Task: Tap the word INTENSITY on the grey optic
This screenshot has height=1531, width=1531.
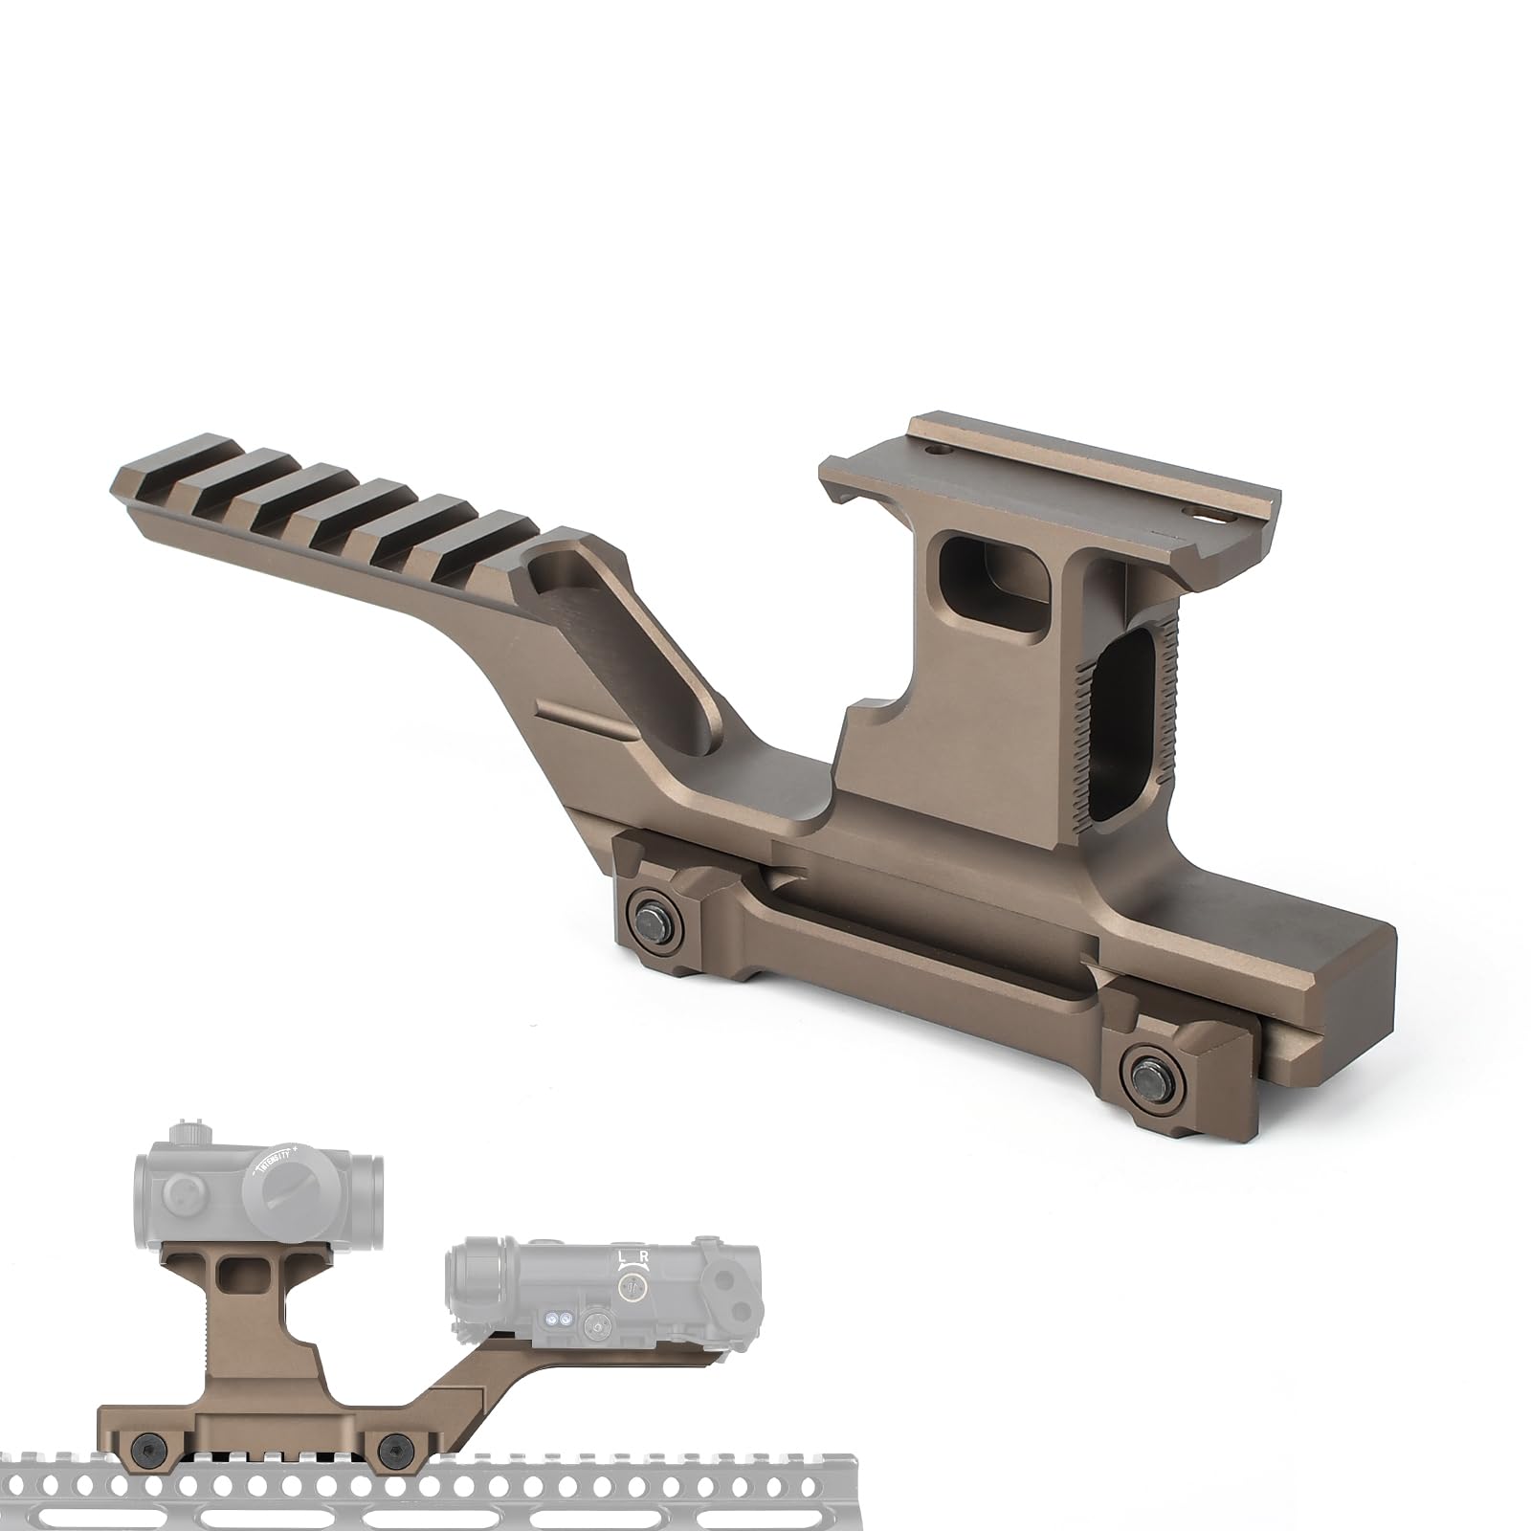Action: coord(275,1161)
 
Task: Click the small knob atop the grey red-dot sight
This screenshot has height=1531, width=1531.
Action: coord(183,1134)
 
